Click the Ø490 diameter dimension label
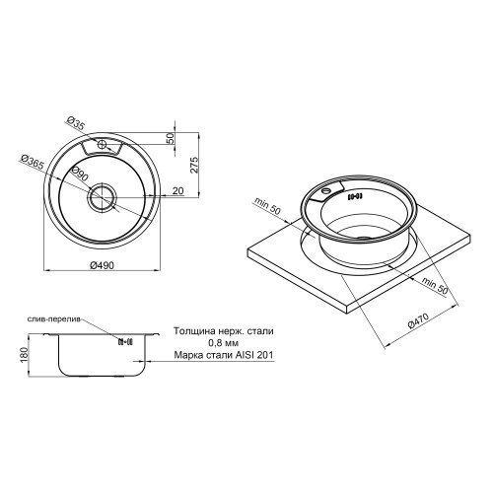coord(102,264)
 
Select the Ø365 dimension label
coord(32,163)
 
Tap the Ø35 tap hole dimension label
coord(76,123)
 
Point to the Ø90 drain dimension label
coord(80,174)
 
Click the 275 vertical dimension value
coord(194,165)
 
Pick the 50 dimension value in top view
coord(171,138)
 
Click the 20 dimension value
coord(177,190)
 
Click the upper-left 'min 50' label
coord(267,207)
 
